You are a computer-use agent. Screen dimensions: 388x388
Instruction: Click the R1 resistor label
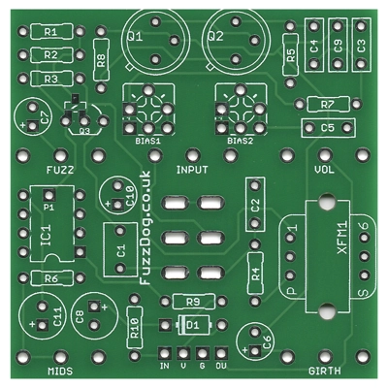[x=50, y=32]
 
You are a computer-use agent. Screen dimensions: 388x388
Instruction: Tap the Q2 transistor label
[x=215, y=36]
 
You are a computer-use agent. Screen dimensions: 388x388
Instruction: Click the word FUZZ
[x=60, y=170]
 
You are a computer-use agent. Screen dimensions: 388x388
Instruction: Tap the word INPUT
[x=192, y=170]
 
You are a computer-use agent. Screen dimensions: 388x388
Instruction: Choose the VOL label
[x=324, y=170]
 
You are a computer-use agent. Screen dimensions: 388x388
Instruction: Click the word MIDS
[x=60, y=371]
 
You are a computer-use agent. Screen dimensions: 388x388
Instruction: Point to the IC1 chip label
[x=46, y=236]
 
